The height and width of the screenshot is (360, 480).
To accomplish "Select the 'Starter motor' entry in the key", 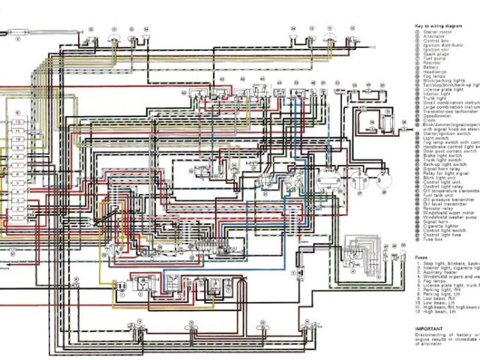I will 439,31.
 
